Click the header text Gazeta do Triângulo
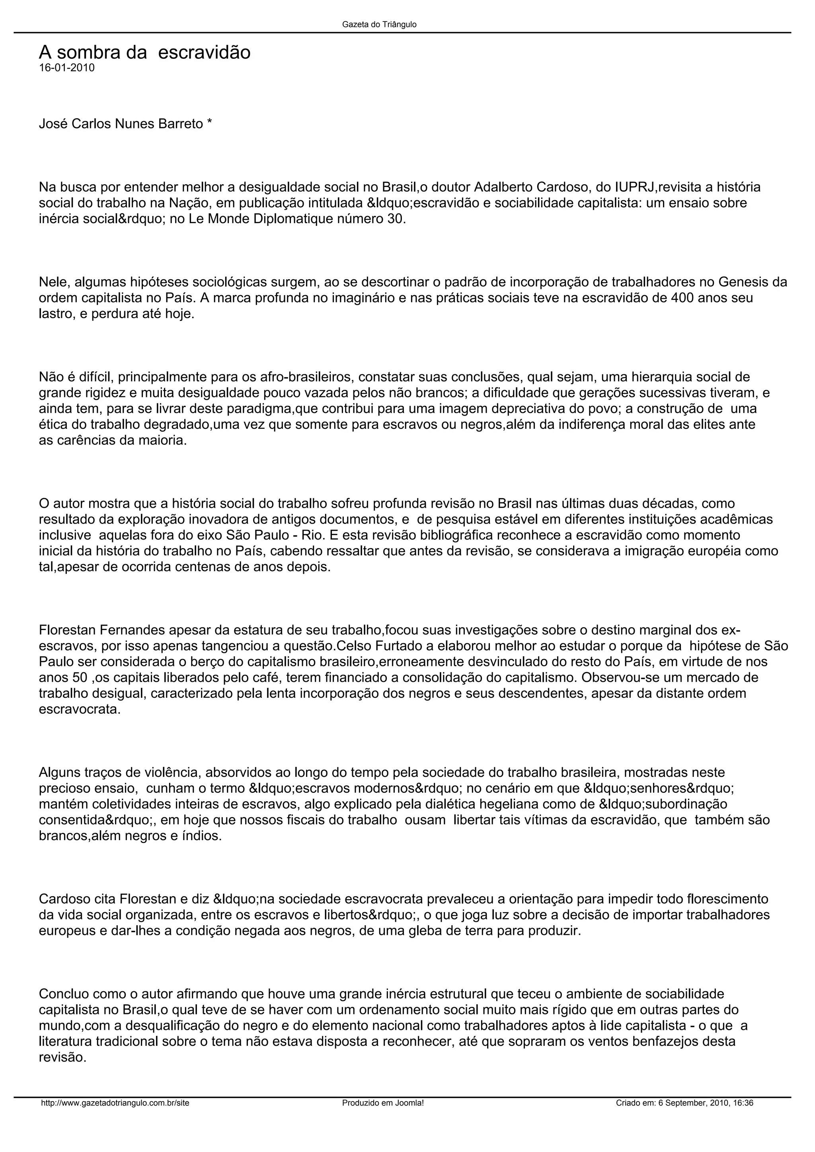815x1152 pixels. [379, 25]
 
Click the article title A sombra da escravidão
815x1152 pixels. [144, 52]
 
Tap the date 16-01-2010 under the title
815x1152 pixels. [67, 68]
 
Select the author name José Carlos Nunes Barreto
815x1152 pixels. [121, 124]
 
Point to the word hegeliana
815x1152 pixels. [510, 804]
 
